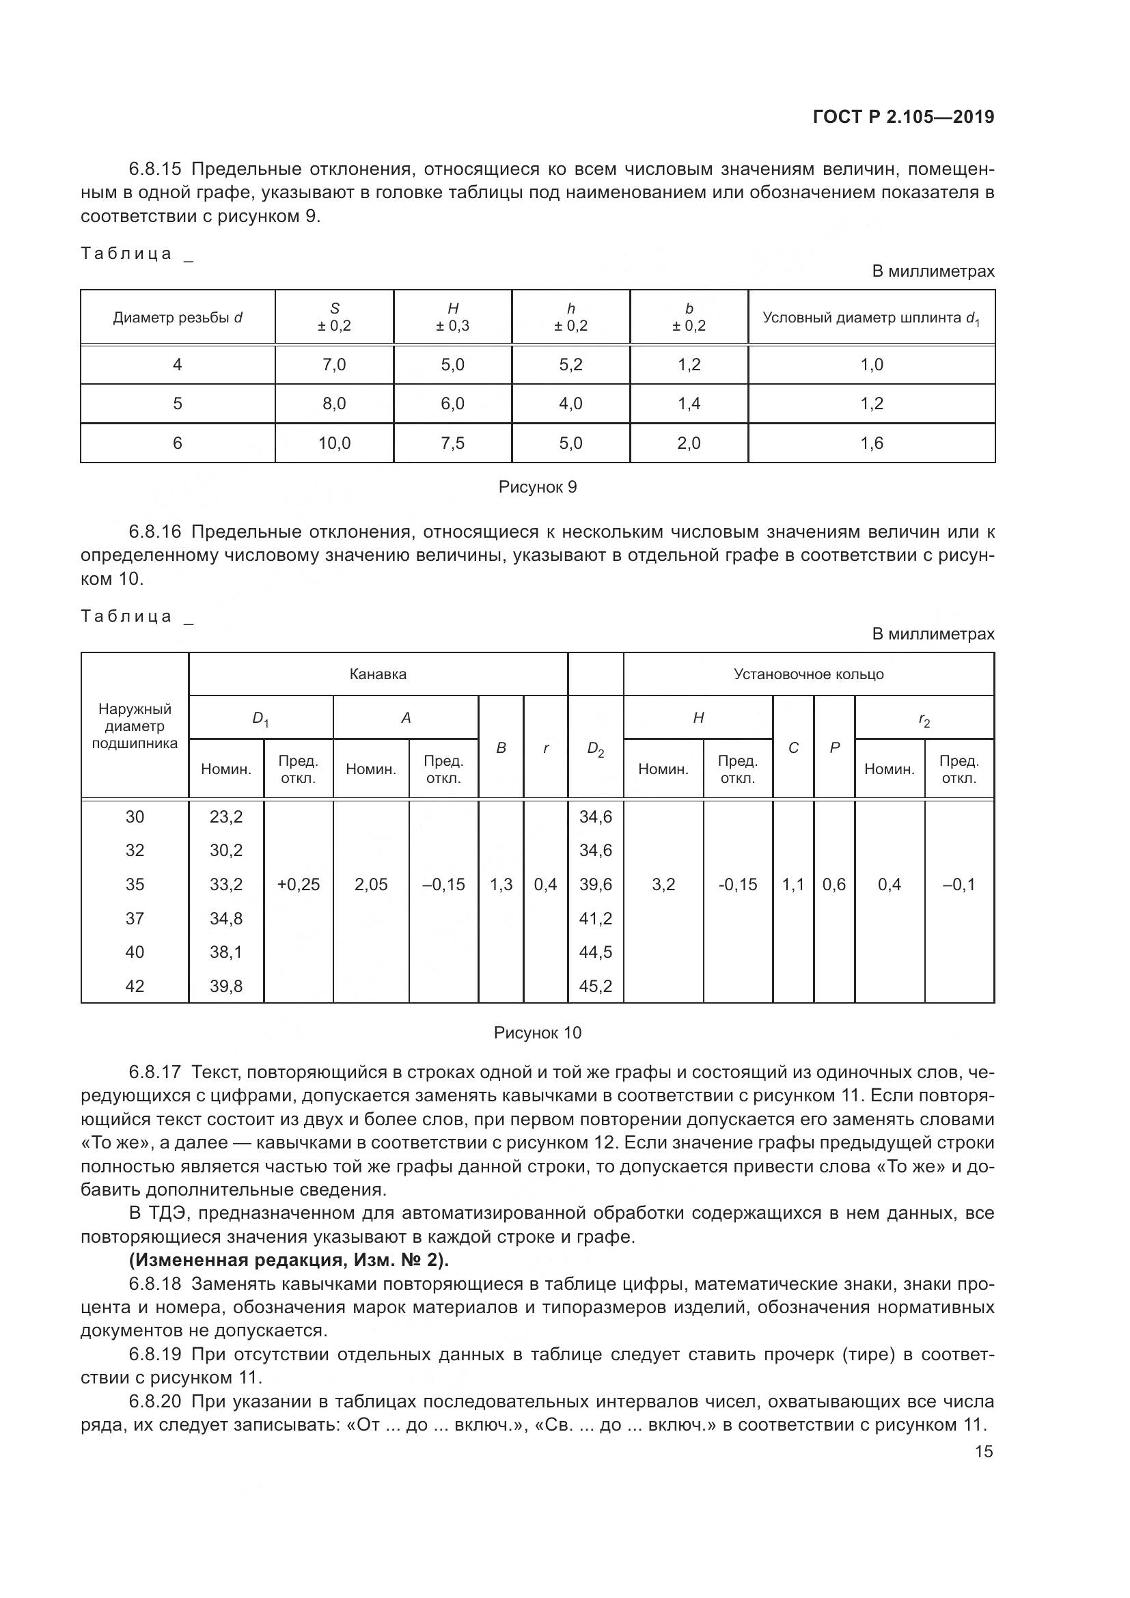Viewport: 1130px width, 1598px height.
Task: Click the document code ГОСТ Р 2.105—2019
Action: click(903, 117)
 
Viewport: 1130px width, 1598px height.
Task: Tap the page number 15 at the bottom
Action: click(984, 1451)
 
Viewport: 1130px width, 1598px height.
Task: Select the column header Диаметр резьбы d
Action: click(178, 318)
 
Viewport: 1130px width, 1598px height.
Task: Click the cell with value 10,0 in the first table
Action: click(334, 443)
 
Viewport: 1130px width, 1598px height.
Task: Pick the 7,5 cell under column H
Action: click(452, 443)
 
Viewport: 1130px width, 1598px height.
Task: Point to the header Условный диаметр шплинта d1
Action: click(871, 318)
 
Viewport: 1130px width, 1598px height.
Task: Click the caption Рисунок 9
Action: click(537, 487)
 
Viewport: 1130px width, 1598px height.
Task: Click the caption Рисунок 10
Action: click(537, 1033)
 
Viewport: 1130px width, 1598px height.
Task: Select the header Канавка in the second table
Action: click(378, 674)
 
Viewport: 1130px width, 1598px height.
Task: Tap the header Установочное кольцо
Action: click(808, 674)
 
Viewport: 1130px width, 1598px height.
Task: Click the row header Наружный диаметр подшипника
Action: click(135, 726)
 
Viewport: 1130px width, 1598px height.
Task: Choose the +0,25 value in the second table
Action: click(299, 885)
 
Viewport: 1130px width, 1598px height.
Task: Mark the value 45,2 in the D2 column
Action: click(596, 987)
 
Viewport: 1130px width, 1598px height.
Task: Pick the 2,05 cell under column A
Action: click(371, 885)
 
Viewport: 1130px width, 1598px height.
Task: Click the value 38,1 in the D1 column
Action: click(226, 952)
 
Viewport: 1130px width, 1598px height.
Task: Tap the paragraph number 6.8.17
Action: click(154, 1073)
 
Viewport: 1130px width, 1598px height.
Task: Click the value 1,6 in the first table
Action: click(871, 443)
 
